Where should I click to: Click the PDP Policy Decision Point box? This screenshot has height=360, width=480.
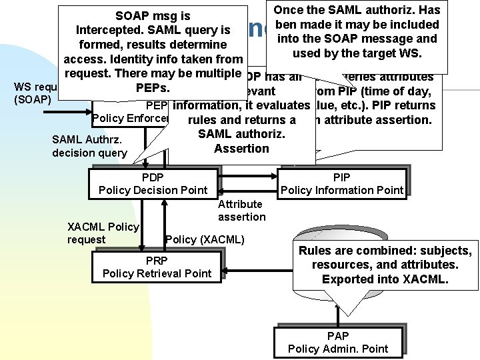(153, 183)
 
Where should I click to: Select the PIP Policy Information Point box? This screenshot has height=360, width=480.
(342, 183)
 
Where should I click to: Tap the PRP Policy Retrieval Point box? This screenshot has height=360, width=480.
(157, 267)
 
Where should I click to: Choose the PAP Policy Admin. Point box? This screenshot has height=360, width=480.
(337, 343)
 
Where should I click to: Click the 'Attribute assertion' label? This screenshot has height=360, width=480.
(241, 210)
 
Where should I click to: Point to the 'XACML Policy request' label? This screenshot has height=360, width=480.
(103, 233)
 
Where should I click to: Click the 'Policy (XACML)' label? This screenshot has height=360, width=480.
(205, 239)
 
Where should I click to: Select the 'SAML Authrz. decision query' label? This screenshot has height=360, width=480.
(89, 146)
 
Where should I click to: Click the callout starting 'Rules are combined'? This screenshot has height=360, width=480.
(385, 265)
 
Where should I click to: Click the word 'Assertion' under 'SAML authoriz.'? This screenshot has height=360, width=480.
(241, 148)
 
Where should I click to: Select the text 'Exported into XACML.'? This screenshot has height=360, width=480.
(385, 279)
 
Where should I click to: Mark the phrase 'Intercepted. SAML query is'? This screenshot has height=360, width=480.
(153, 30)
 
